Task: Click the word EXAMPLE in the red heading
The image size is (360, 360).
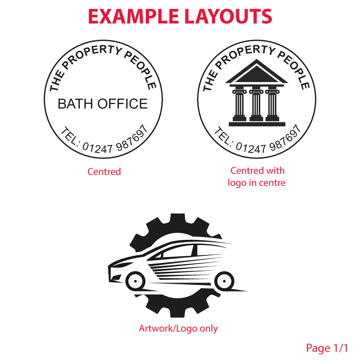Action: [x=134, y=16]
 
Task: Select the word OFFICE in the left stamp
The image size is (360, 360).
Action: [x=123, y=104]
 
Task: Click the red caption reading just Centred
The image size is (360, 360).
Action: [x=104, y=172]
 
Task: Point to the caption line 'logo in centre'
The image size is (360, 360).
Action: [x=256, y=183]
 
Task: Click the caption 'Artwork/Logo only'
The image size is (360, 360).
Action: [x=178, y=329]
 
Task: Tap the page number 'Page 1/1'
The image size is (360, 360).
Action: [x=327, y=348]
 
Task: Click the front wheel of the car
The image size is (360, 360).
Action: [x=135, y=281]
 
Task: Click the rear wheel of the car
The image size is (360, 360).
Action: [x=224, y=281]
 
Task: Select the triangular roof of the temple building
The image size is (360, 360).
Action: [x=256, y=72]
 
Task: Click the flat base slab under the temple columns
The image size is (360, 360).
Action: [x=257, y=124]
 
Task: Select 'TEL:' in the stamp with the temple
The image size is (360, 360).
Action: [x=223, y=136]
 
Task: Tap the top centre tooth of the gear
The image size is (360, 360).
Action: [x=178, y=219]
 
